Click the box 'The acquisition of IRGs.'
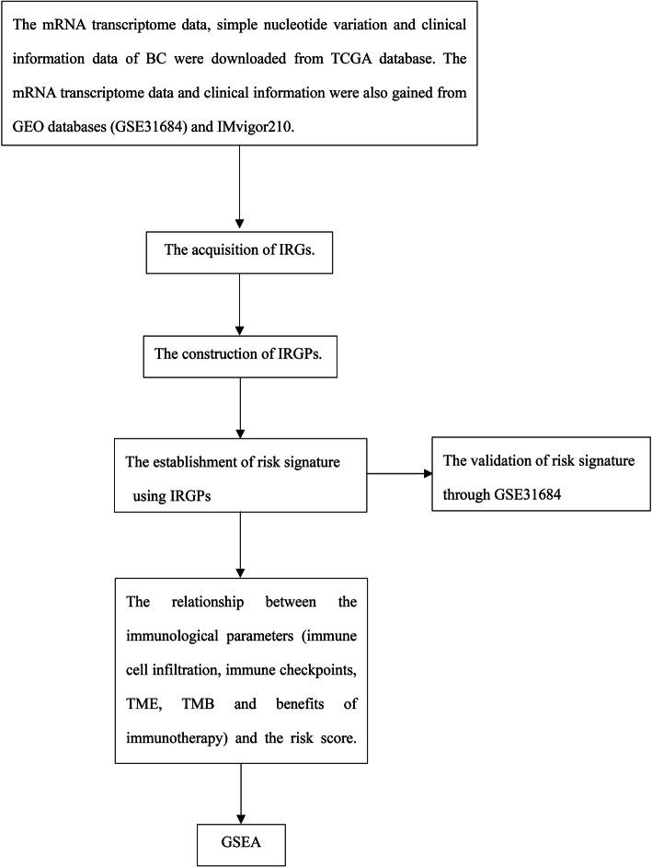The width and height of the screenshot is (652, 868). point(239,252)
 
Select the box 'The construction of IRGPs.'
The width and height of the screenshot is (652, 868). point(239,356)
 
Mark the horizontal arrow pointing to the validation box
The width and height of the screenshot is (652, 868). point(398,475)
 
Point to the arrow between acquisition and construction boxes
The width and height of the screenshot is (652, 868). point(239,305)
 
